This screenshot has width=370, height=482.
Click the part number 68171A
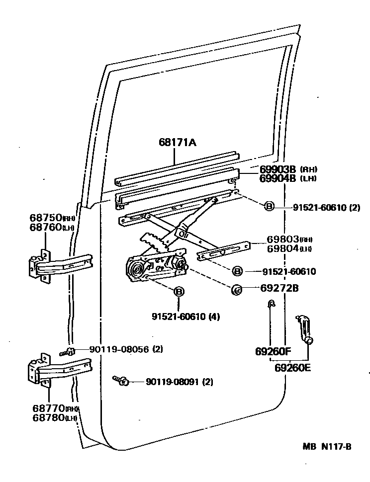point(178,143)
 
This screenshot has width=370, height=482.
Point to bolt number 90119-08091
point(173,382)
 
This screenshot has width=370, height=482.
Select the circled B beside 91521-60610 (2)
point(269,206)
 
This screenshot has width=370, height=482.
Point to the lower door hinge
point(60,370)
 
